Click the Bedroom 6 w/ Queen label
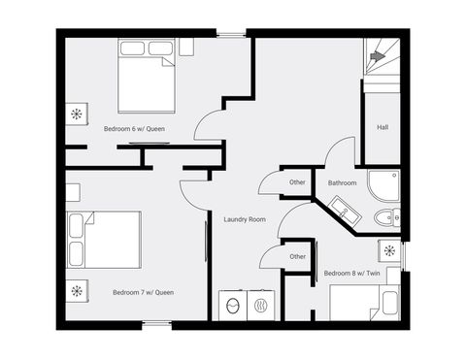(x=134, y=129)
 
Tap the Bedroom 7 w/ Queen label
(x=143, y=292)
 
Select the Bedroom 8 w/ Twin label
(x=351, y=274)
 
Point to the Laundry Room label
(x=245, y=219)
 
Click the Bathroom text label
(x=342, y=183)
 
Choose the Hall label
(x=383, y=127)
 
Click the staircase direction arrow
(x=378, y=56)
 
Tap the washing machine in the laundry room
(x=233, y=306)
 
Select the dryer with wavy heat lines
(x=261, y=306)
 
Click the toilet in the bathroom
(x=387, y=217)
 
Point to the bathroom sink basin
(x=345, y=212)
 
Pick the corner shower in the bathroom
(x=384, y=186)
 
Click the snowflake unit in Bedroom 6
(x=77, y=114)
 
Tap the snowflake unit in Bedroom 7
(x=77, y=291)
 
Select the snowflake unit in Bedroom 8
(x=389, y=250)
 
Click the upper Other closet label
(x=297, y=182)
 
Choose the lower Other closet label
(x=297, y=257)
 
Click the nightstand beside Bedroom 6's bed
(x=186, y=48)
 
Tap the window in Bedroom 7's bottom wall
(x=157, y=323)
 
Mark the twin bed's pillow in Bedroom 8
(x=389, y=303)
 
